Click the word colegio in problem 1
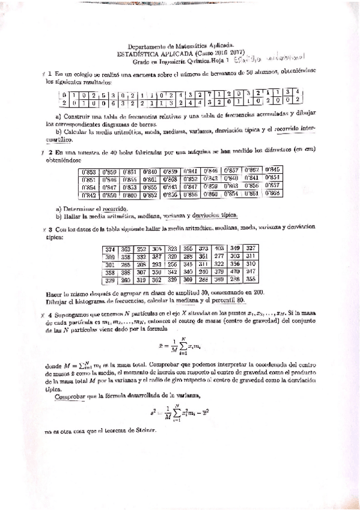(x=84, y=73)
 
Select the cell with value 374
(x=111, y=248)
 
